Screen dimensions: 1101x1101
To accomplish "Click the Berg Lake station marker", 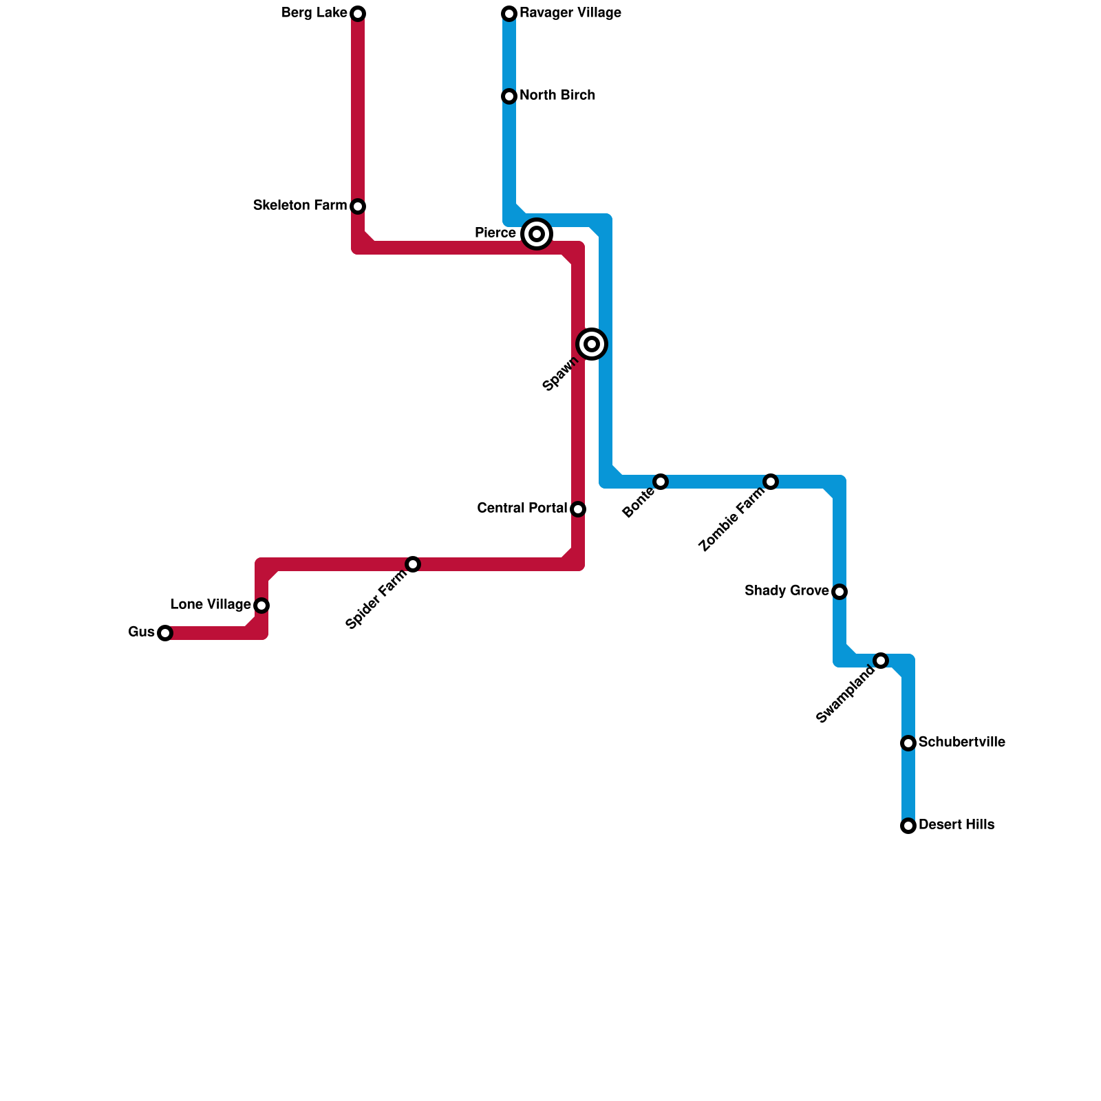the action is tap(358, 14).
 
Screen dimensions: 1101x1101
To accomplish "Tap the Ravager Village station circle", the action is tap(509, 14).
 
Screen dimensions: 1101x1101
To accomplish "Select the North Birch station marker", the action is tap(509, 96).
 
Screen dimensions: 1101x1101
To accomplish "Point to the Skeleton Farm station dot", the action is tap(358, 206).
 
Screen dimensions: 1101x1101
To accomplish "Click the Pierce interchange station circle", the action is tap(537, 234).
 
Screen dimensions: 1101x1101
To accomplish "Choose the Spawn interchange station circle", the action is tap(592, 344).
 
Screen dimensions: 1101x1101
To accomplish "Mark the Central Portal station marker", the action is tap(578, 509).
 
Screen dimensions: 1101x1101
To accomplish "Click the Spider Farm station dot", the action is tap(413, 564).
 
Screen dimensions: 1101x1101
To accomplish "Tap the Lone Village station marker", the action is tap(261, 606).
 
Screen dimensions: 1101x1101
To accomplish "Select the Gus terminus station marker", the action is tap(165, 633).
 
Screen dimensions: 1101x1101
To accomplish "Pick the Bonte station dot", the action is tap(661, 482).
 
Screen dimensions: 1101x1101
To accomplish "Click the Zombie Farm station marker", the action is tap(771, 482).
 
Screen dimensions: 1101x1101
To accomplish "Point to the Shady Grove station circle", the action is tap(840, 592).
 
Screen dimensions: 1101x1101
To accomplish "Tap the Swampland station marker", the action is tap(881, 661).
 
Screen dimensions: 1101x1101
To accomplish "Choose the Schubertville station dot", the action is tap(908, 743).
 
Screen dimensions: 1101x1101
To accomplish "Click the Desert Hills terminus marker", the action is tap(908, 826).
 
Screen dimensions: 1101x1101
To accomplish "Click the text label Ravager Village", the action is tap(570, 13).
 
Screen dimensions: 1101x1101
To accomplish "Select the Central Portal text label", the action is tap(522, 509).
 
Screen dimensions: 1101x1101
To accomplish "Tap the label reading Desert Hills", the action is tap(956, 825).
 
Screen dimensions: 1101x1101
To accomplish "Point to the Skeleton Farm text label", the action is tap(300, 206).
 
